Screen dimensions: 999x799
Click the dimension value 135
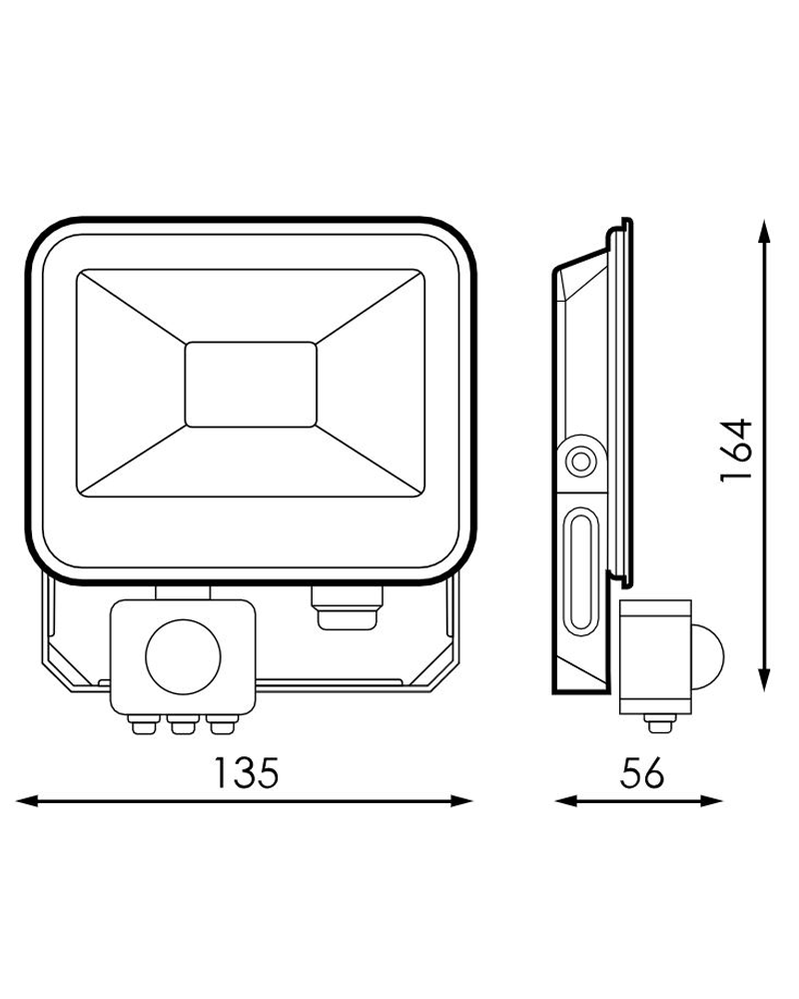click(245, 773)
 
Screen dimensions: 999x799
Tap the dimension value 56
click(639, 773)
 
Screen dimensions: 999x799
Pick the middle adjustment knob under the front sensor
click(180, 723)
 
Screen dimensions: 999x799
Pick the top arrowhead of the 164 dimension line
click(764, 229)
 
